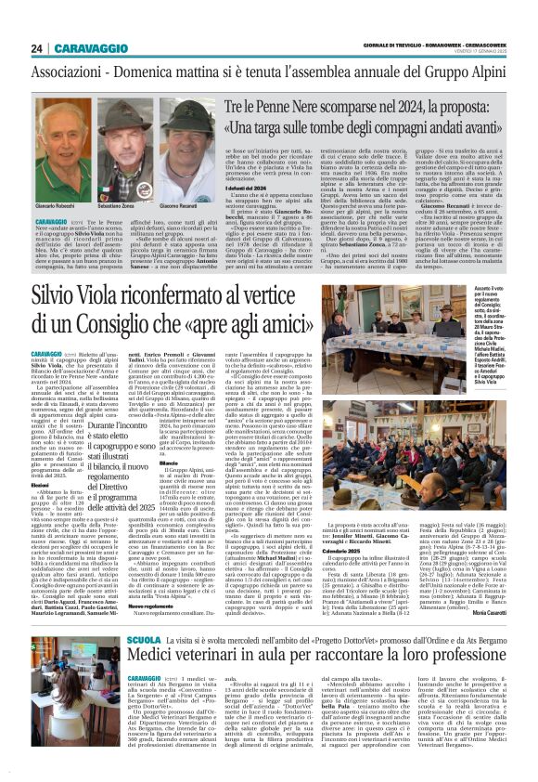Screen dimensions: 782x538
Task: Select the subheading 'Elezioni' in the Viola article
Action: pos(46,484)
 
